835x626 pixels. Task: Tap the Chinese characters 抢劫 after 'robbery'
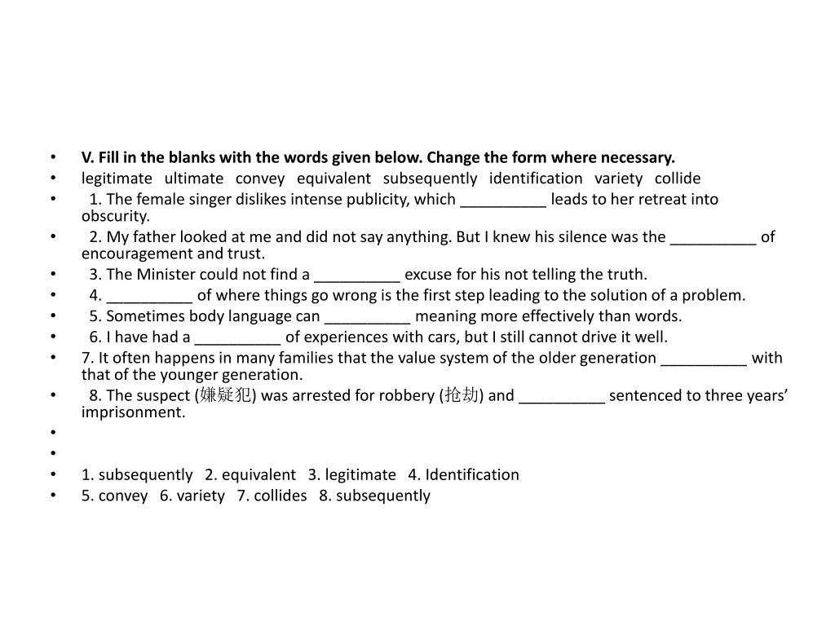pos(461,395)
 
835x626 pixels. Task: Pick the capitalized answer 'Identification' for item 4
pos(472,474)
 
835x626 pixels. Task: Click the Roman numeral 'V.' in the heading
pos(88,157)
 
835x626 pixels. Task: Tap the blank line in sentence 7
pos(703,359)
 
